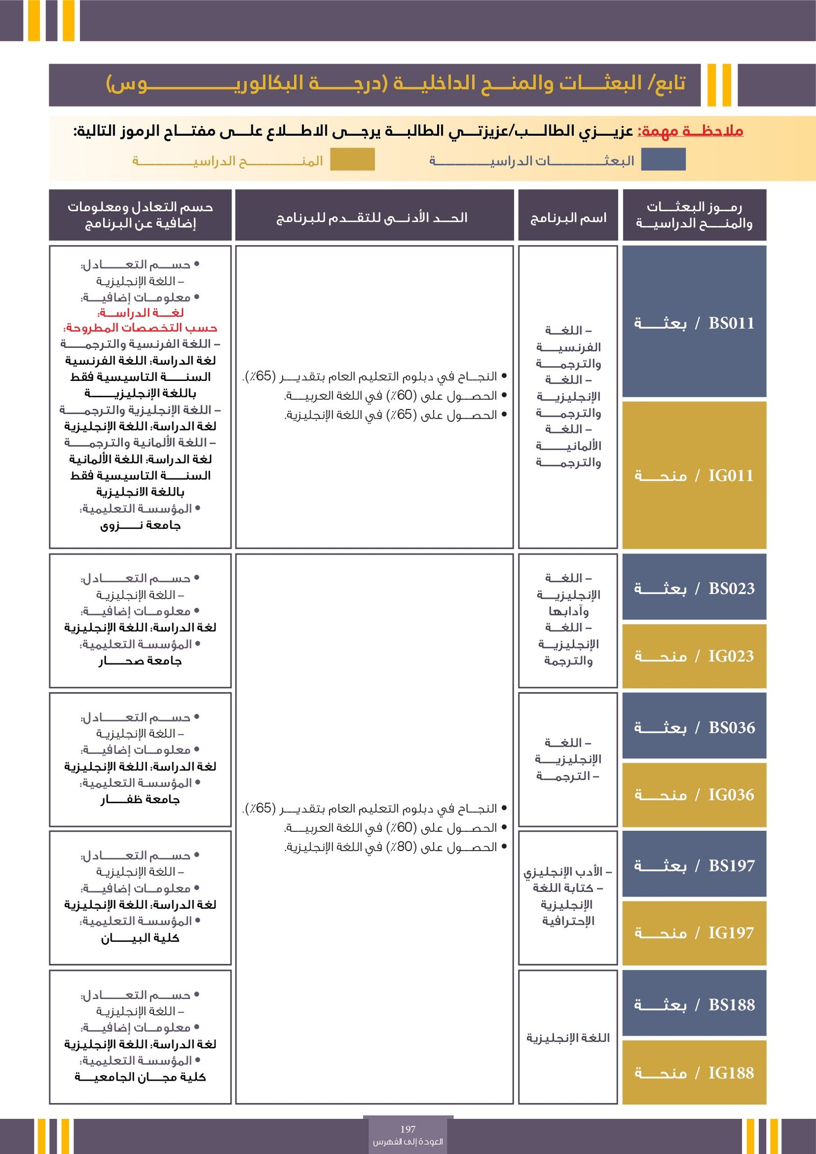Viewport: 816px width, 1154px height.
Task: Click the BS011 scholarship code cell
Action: (x=694, y=322)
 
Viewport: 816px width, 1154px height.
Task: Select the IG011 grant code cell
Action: (x=694, y=475)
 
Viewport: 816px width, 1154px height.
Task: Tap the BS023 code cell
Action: (x=694, y=587)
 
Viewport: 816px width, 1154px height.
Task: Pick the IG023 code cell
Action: (x=694, y=656)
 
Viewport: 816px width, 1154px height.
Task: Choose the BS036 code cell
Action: (x=694, y=727)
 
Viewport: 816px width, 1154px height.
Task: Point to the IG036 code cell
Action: (x=694, y=794)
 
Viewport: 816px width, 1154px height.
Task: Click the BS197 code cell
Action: (x=694, y=865)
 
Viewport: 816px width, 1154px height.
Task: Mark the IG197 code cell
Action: (x=694, y=933)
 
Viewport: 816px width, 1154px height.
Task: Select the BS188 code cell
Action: (x=694, y=1004)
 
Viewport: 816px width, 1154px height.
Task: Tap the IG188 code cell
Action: (x=694, y=1072)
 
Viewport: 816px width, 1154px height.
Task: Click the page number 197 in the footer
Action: (x=408, y=1129)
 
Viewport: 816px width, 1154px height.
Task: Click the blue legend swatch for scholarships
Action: (x=663, y=160)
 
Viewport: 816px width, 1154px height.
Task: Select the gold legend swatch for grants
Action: (x=352, y=160)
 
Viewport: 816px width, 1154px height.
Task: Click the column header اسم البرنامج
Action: (x=568, y=218)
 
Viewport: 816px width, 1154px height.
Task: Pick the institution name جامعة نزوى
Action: (x=140, y=525)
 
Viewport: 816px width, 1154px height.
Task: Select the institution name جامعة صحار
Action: (x=140, y=661)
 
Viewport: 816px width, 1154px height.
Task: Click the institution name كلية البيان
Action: (x=140, y=938)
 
